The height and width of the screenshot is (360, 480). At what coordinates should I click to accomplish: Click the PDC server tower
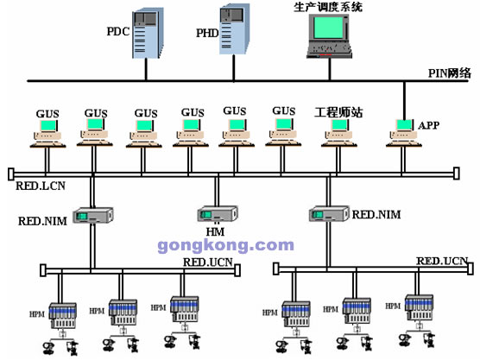click(148, 33)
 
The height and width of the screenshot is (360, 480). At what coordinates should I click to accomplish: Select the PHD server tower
click(235, 29)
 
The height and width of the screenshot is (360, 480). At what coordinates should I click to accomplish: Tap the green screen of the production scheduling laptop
click(328, 28)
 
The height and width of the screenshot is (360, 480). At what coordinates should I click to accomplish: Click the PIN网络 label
click(449, 73)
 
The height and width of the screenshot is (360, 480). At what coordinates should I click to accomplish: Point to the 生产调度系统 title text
click(328, 7)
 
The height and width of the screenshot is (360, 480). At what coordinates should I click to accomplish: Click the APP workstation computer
click(404, 134)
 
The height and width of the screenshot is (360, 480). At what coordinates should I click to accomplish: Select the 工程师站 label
click(338, 112)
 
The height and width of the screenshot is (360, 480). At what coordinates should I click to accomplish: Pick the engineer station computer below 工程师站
click(339, 134)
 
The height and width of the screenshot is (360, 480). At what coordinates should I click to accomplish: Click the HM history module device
click(218, 214)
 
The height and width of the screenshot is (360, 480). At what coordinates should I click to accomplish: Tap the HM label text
click(215, 231)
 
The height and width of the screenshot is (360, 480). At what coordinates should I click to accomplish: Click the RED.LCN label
click(41, 186)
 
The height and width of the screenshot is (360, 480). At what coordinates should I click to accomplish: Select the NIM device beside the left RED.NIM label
click(93, 215)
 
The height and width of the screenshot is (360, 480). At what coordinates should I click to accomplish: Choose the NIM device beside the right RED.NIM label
click(329, 214)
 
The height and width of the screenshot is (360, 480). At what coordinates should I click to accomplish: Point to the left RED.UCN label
click(208, 262)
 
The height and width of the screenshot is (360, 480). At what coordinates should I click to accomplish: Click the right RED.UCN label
click(442, 261)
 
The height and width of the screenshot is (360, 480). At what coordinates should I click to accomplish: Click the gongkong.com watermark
click(225, 245)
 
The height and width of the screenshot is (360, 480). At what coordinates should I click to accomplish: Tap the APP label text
click(428, 125)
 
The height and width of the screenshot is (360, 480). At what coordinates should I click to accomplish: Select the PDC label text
click(118, 32)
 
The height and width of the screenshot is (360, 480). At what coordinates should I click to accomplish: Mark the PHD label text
click(207, 33)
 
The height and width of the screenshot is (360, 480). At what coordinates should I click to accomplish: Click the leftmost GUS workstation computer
click(47, 134)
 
